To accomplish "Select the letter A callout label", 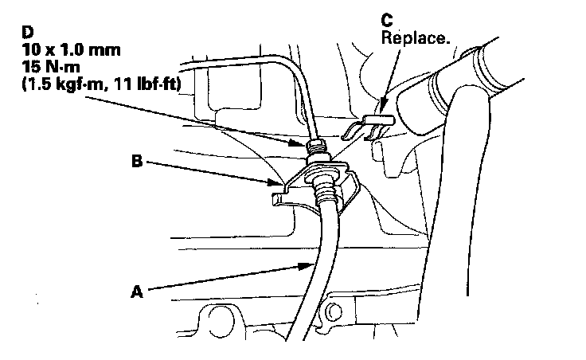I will [137, 292].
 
